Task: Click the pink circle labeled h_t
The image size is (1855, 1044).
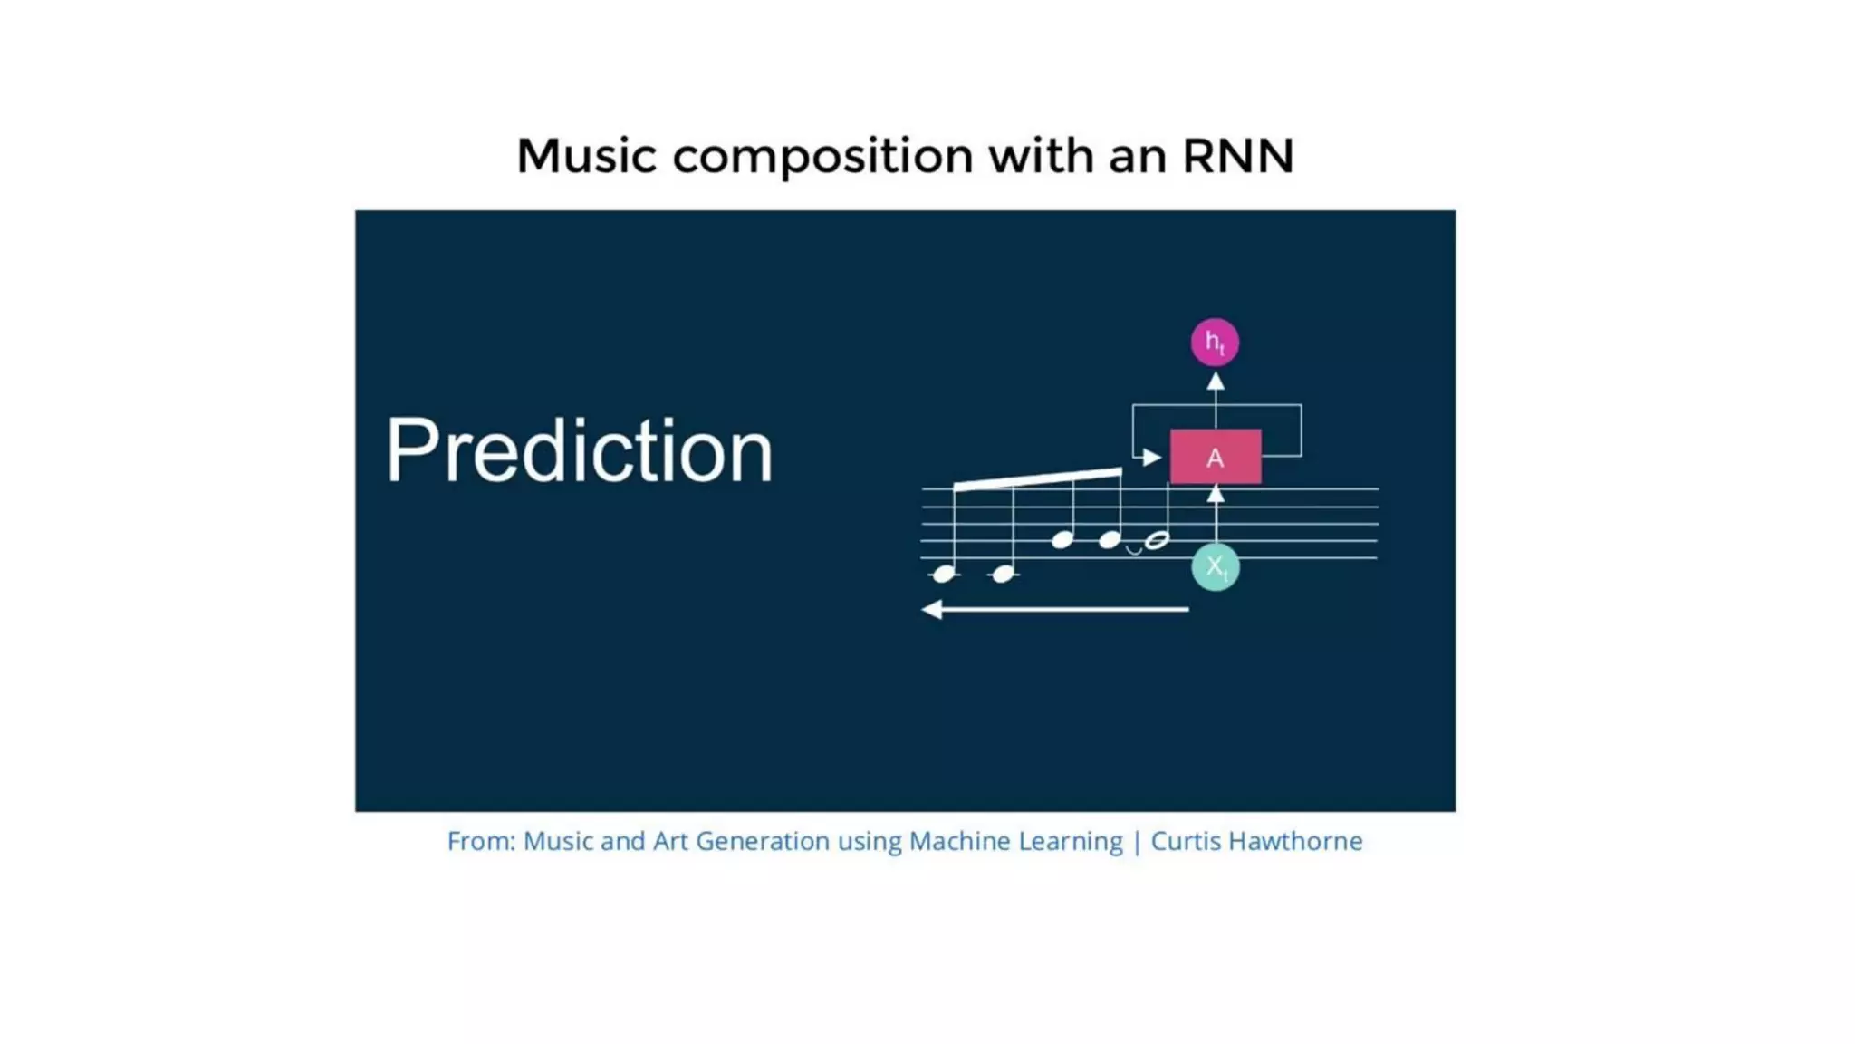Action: tap(1215, 343)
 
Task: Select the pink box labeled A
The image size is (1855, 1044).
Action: tap(1216, 457)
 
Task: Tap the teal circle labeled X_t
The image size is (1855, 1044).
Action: tap(1215, 566)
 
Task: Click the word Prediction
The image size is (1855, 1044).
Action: tap(580, 450)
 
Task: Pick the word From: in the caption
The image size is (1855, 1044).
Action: tap(481, 841)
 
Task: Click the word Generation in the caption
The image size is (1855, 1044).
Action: tap(762, 841)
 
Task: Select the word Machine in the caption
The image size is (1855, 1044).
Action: tap(959, 841)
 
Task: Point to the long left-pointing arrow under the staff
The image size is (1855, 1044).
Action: tap(1055, 610)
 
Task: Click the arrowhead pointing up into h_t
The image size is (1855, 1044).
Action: tap(1216, 382)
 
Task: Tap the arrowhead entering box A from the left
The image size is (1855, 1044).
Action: tap(1151, 458)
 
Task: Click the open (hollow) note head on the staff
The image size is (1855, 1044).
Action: tap(1157, 541)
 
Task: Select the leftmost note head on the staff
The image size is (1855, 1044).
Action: tap(944, 574)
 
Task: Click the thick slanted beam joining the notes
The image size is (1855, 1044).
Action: tap(1038, 478)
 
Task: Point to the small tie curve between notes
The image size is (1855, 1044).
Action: tap(1133, 550)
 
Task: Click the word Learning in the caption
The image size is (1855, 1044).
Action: tap(1070, 841)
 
